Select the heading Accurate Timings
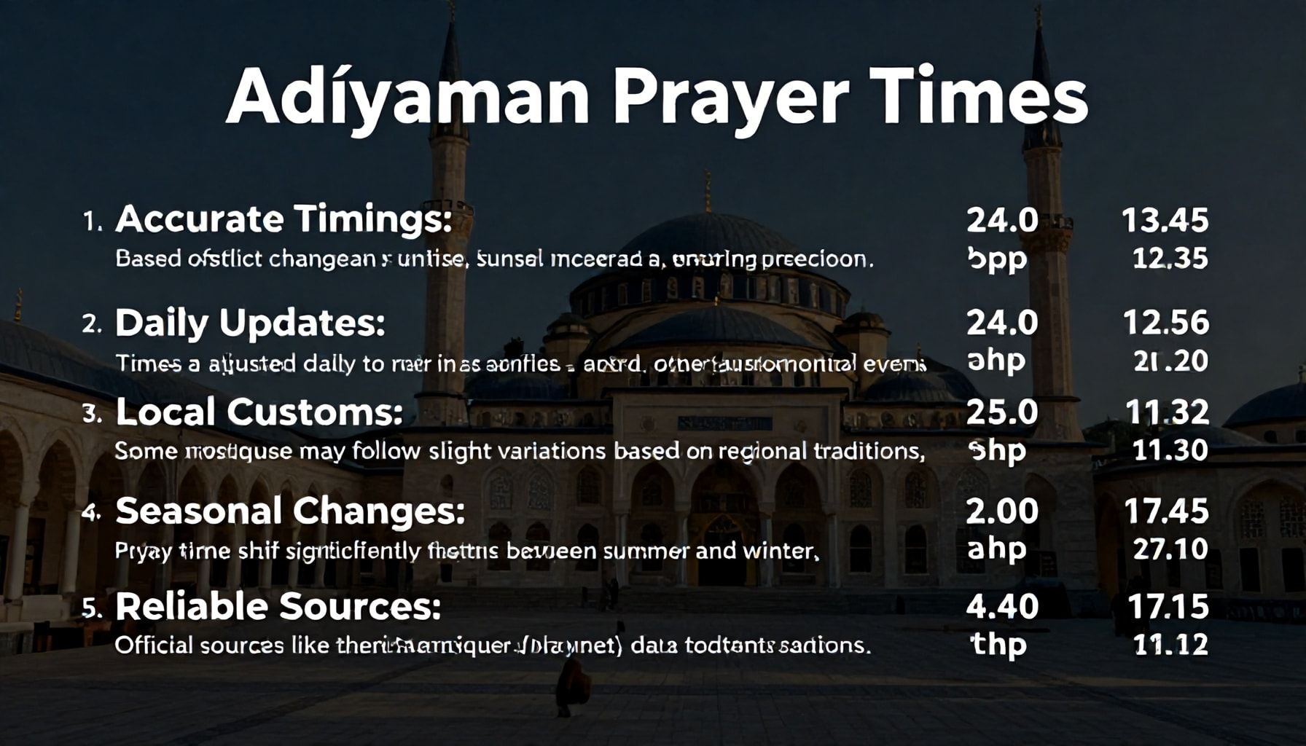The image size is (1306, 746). [284, 219]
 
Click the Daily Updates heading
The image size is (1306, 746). [250, 323]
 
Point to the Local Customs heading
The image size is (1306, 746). [259, 412]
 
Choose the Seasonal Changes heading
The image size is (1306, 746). [289, 511]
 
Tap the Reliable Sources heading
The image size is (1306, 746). [278, 606]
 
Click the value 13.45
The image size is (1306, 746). [1165, 220]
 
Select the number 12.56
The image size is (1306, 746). [1166, 323]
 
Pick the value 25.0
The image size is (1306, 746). [1002, 412]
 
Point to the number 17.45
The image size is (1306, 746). [1166, 511]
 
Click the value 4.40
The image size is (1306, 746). [1002, 606]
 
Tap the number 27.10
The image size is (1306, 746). [1170, 549]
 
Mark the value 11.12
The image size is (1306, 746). [1170, 645]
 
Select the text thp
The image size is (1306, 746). [998, 645]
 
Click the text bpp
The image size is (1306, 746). [997, 259]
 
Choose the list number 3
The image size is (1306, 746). [91, 414]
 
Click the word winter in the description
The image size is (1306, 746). [781, 550]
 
